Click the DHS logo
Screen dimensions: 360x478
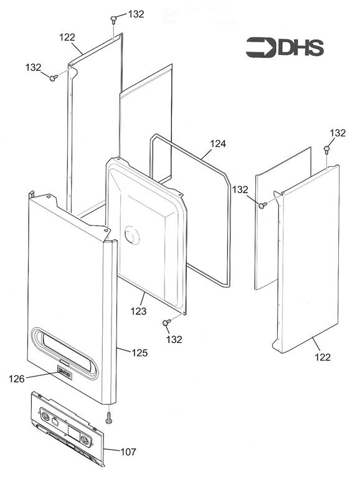point(285,47)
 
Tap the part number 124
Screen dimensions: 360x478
point(218,144)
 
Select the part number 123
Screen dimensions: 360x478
point(138,311)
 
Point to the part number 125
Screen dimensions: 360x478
point(140,353)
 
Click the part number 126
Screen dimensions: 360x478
point(16,379)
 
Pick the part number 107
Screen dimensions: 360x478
point(128,451)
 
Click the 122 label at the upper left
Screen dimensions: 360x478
point(67,37)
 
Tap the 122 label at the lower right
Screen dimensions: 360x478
point(323,357)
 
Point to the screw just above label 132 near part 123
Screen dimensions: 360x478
point(166,322)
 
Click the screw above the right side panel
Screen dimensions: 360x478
point(326,149)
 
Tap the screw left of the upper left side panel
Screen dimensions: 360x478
point(54,78)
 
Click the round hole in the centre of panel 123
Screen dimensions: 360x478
point(132,235)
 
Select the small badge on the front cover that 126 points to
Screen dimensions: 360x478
point(65,372)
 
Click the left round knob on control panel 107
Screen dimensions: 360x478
point(45,416)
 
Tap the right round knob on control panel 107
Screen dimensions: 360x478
point(85,439)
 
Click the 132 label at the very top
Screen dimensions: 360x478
point(136,14)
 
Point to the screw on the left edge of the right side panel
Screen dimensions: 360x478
point(262,205)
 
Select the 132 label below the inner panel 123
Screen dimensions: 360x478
point(174,339)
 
